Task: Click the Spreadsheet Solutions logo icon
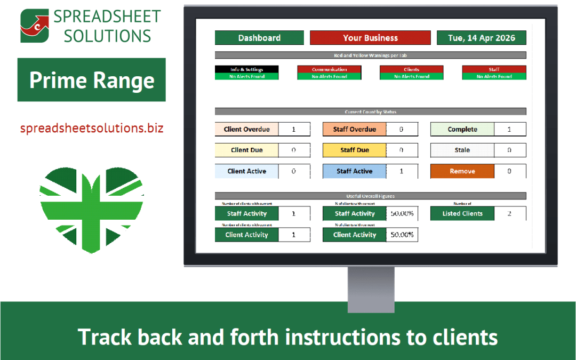35,26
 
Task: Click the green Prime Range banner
92,80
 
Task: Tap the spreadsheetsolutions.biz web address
92,128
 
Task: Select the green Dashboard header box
259,38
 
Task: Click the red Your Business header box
370,38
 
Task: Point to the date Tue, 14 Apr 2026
481,38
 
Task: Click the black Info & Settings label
246,69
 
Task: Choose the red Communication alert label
329,69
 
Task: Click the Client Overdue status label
246,129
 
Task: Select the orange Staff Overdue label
354,129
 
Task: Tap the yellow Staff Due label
354,150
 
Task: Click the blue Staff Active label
354,171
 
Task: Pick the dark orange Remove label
462,171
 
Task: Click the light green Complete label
462,129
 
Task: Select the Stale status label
462,150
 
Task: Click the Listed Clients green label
462,213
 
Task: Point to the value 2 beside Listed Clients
509,213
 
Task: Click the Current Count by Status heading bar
370,112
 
